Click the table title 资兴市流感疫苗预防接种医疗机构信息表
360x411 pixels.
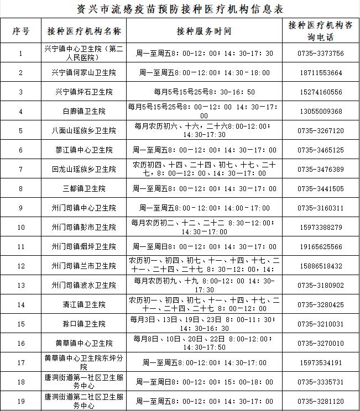point(180,8)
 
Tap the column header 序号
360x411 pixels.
point(20,31)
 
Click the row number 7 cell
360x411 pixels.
point(20,170)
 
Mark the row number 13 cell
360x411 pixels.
point(20,286)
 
